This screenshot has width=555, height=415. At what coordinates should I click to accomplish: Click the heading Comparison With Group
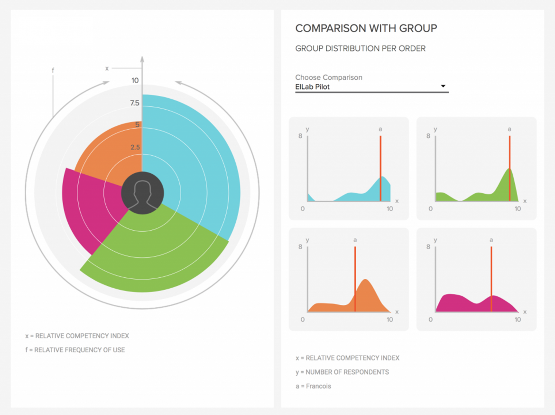pyautogui.click(x=366, y=28)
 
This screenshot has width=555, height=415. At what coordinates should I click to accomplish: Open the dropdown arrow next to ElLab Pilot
pyautogui.click(x=443, y=86)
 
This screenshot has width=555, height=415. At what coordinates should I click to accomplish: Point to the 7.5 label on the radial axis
pyautogui.click(x=135, y=104)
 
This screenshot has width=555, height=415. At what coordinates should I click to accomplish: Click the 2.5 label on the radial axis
pyautogui.click(x=135, y=147)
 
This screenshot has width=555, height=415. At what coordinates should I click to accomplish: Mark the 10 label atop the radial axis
pyautogui.click(x=135, y=81)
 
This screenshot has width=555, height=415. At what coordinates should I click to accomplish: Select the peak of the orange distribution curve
pyautogui.click(x=365, y=280)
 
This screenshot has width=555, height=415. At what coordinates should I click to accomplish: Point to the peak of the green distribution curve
pyautogui.click(x=509, y=169)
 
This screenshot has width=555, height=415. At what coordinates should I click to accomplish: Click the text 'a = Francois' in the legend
pyautogui.click(x=313, y=386)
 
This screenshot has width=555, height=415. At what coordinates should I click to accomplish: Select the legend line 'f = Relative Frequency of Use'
pyautogui.click(x=75, y=350)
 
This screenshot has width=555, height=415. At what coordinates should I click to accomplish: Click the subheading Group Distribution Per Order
pyautogui.click(x=360, y=48)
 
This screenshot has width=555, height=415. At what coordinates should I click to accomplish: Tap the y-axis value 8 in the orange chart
pyautogui.click(x=300, y=247)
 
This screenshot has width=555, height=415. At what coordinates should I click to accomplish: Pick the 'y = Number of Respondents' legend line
pyautogui.click(x=342, y=372)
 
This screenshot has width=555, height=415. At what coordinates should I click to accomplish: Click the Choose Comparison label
pyautogui.click(x=328, y=77)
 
